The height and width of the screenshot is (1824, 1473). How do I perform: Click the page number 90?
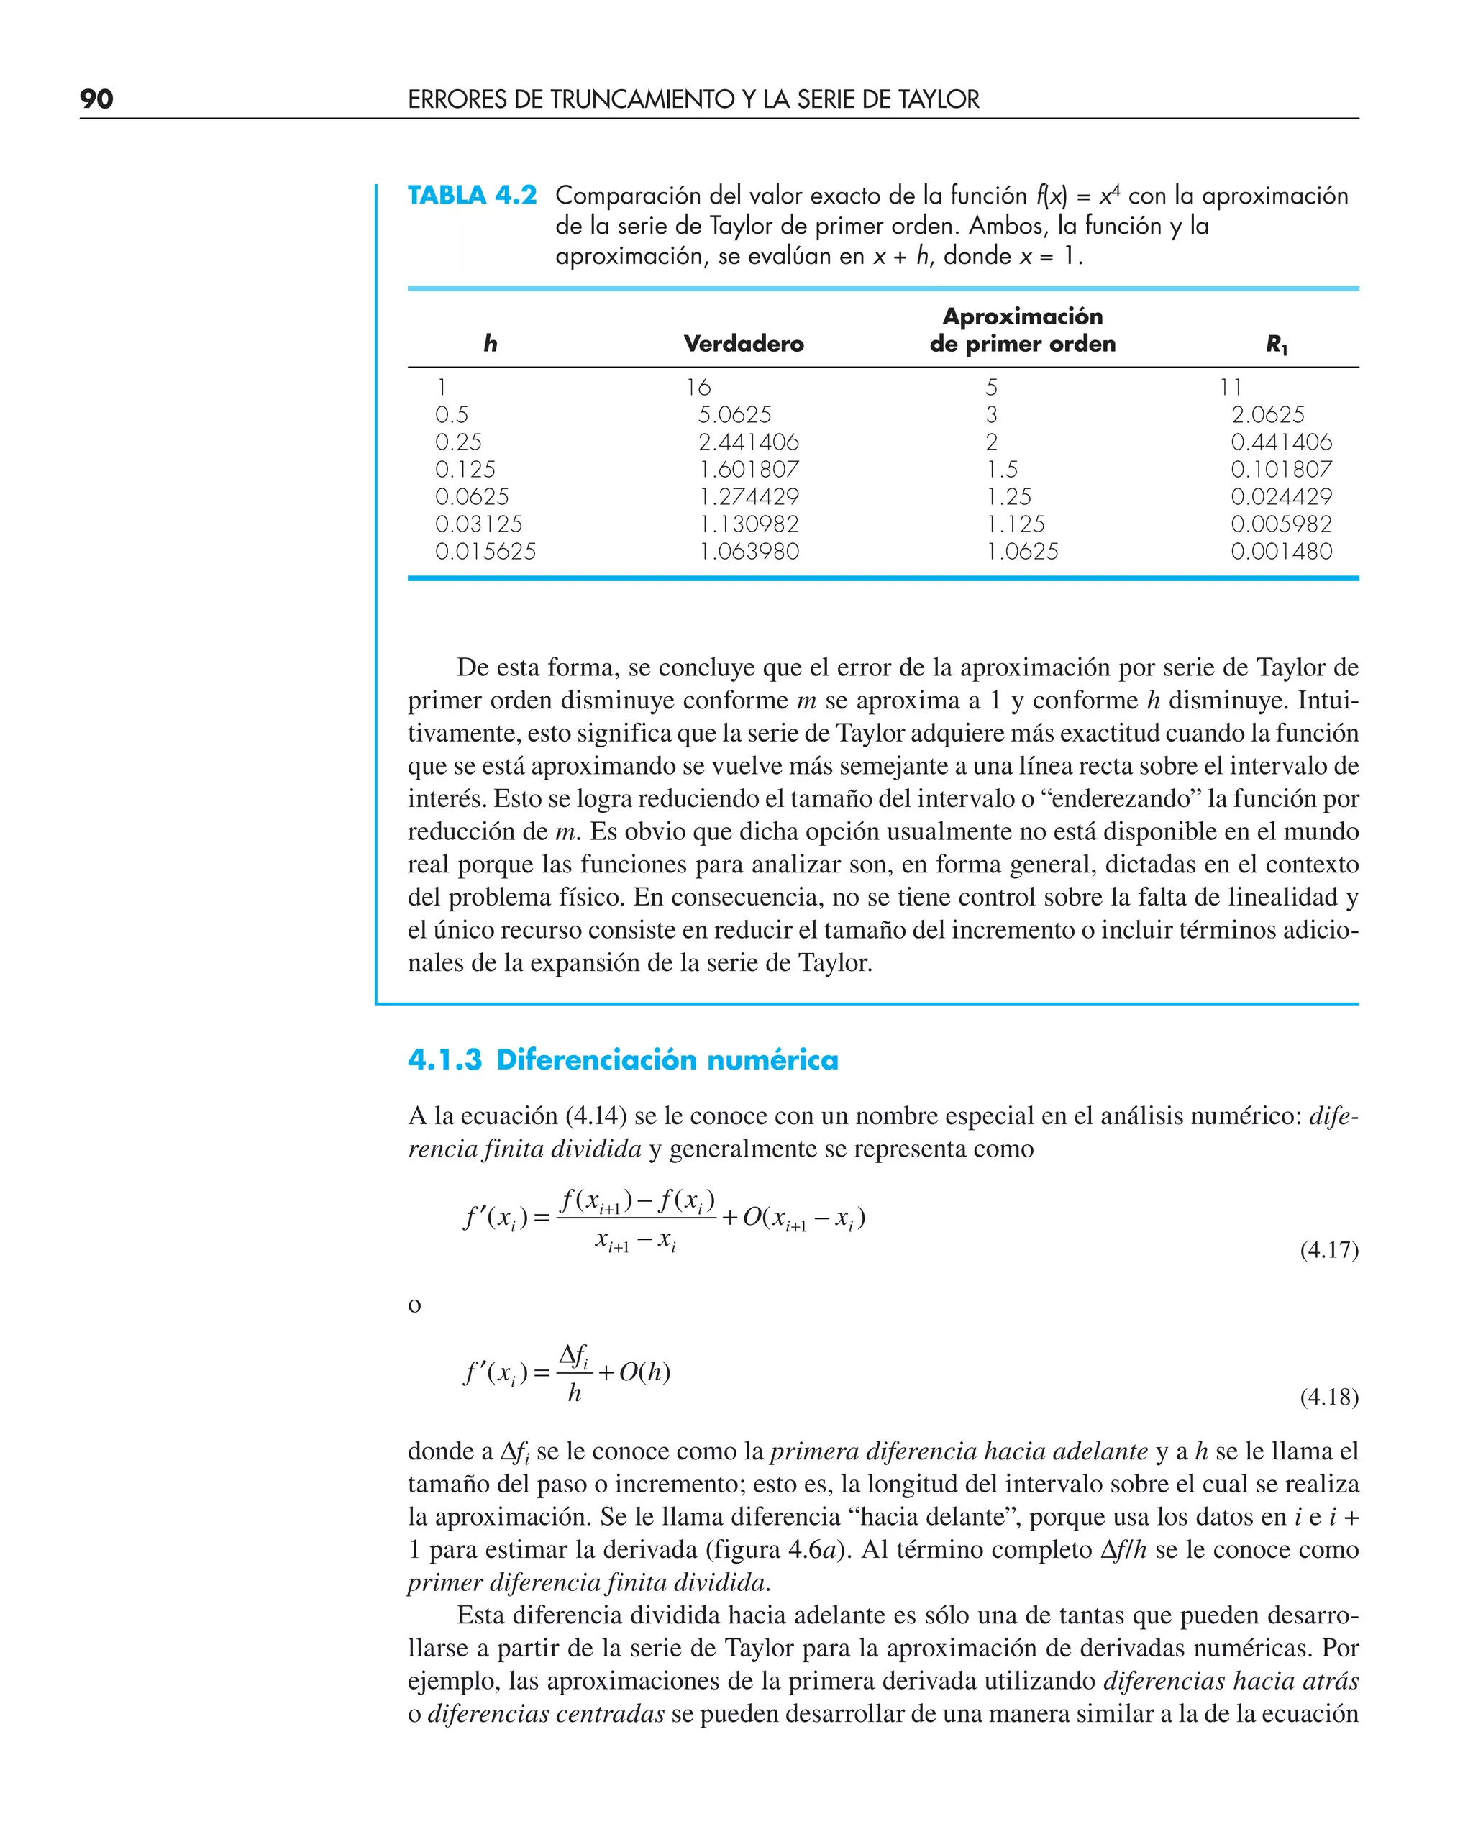96,99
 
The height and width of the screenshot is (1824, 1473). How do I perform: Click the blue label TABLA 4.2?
472,196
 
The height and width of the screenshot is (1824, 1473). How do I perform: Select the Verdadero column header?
743,344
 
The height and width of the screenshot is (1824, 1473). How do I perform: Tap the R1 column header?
1276,345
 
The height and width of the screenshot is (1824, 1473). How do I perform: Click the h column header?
491,344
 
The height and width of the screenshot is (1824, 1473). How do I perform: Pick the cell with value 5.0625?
735,415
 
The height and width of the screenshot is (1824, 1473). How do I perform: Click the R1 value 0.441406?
1281,442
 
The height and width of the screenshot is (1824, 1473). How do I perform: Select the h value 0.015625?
485,552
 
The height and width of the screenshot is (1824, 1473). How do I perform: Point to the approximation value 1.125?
1016,524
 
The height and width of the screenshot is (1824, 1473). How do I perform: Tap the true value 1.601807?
749,469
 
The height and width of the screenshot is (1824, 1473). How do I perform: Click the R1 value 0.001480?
1281,552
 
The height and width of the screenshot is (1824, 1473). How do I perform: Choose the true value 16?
698,388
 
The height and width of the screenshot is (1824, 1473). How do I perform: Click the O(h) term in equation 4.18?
644,1372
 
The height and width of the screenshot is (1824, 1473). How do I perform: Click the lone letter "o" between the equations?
414,1305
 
